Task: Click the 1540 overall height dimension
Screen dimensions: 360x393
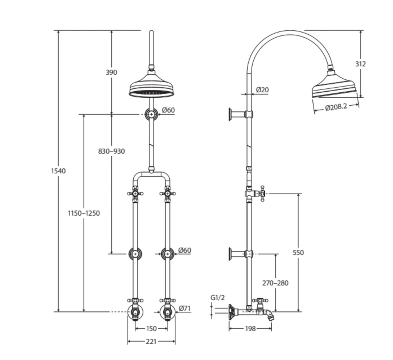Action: pyautogui.click(x=58, y=171)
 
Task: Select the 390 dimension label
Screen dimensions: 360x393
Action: pyautogui.click(x=111, y=72)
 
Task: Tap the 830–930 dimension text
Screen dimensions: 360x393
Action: pyautogui.click(x=111, y=151)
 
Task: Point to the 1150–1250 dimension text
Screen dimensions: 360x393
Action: pyautogui.click(x=84, y=213)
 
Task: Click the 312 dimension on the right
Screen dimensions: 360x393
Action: pyautogui.click(x=360, y=64)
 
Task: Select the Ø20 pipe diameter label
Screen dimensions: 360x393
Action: pyautogui.click(x=262, y=90)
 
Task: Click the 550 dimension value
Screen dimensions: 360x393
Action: pyautogui.click(x=298, y=253)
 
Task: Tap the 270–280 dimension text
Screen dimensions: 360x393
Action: pyautogui.click(x=275, y=283)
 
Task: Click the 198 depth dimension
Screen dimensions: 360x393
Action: pyautogui.click(x=250, y=329)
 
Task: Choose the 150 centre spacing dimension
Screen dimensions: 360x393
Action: pyautogui.click(x=151, y=329)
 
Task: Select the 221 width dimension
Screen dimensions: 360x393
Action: pyautogui.click(x=151, y=342)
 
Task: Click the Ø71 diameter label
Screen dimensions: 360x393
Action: pyautogui.click(x=185, y=308)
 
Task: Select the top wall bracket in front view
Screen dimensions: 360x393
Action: pyautogui.click(x=152, y=114)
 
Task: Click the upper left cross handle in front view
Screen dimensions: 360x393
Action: pyautogui.click(x=135, y=194)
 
